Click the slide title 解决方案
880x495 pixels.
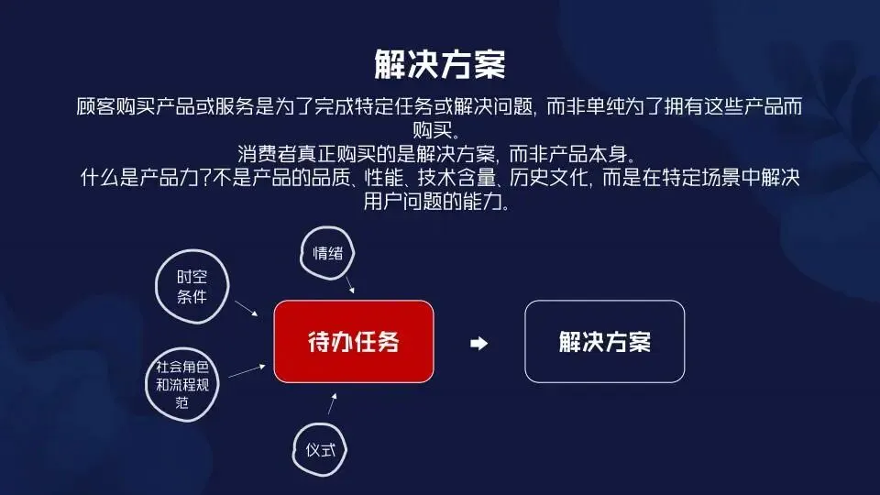[x=440, y=65]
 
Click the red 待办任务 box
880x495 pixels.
[x=353, y=342]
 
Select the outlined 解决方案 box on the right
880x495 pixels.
[x=604, y=342]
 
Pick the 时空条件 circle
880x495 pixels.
[x=192, y=287]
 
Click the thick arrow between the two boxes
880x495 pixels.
[x=478, y=343]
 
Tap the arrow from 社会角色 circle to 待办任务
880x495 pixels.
[x=247, y=369]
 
